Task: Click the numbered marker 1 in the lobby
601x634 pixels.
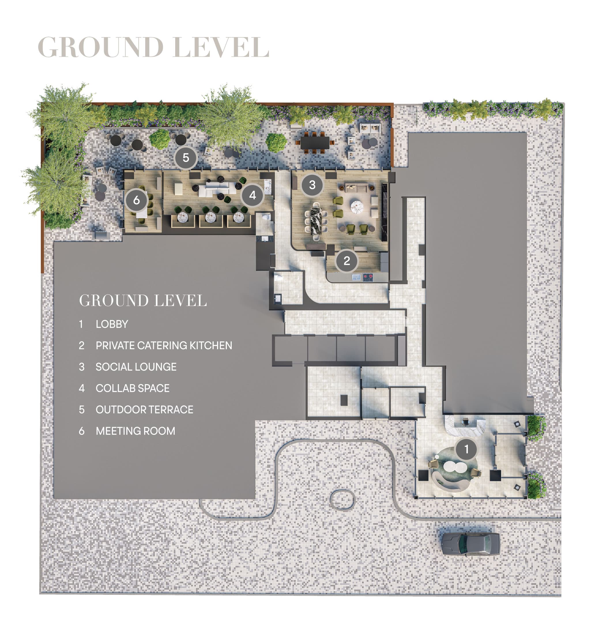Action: [466, 449]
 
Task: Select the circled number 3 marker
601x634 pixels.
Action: [312, 185]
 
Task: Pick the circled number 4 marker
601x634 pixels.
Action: [253, 195]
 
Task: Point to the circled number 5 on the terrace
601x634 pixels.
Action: [186, 158]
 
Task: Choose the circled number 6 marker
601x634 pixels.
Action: [136, 200]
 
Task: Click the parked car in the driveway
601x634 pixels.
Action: [470, 544]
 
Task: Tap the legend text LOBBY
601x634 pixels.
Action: [112, 324]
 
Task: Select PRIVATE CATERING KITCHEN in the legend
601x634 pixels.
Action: [164, 346]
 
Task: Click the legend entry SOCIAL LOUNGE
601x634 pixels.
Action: [136, 367]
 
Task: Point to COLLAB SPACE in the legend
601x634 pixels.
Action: [132, 388]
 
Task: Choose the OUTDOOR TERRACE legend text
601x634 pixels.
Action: [144, 410]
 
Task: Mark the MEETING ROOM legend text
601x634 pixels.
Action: [135, 431]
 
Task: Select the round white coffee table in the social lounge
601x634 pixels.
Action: [357, 207]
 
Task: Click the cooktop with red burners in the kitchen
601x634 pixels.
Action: [368, 277]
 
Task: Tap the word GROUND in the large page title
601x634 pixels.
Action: [101, 47]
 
